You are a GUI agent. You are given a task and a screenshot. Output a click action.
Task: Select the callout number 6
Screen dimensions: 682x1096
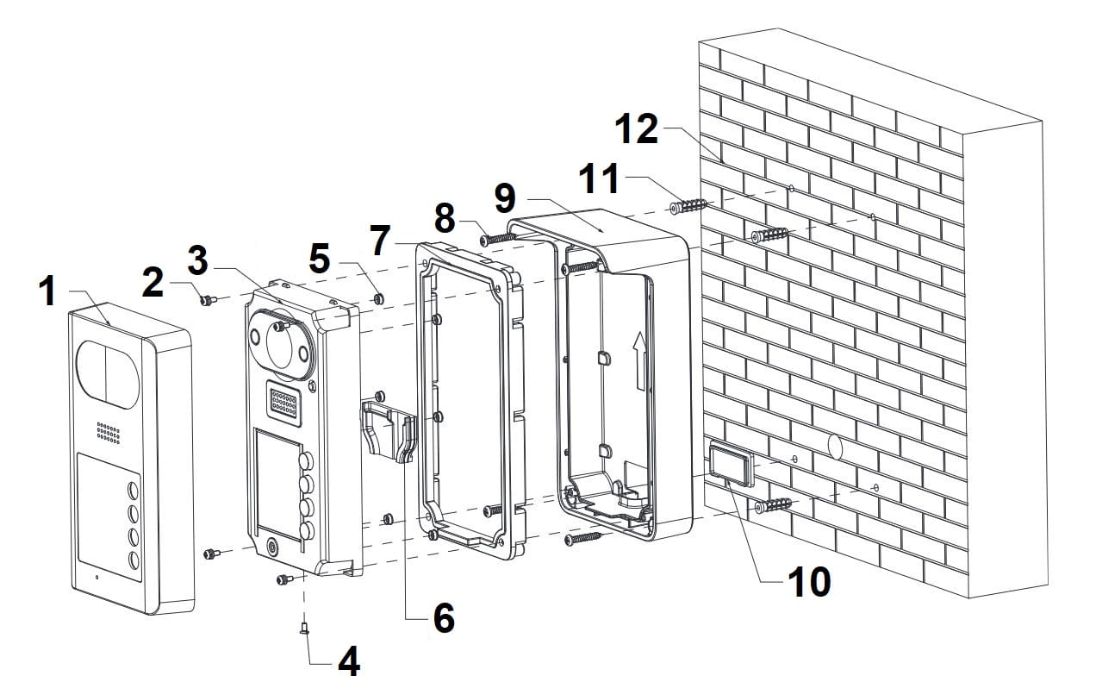(x=442, y=617)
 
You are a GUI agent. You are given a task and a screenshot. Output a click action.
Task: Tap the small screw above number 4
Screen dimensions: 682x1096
(x=304, y=632)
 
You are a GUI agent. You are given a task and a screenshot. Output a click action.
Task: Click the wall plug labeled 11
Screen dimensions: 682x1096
(x=688, y=207)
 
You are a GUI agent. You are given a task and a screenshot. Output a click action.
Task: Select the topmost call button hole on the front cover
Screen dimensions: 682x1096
(x=133, y=491)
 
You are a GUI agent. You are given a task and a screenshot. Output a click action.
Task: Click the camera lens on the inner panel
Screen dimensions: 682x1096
(x=283, y=342)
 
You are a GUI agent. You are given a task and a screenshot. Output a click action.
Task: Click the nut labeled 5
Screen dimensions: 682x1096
(x=377, y=298)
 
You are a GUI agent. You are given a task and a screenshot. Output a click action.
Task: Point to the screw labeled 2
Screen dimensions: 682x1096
(x=206, y=300)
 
